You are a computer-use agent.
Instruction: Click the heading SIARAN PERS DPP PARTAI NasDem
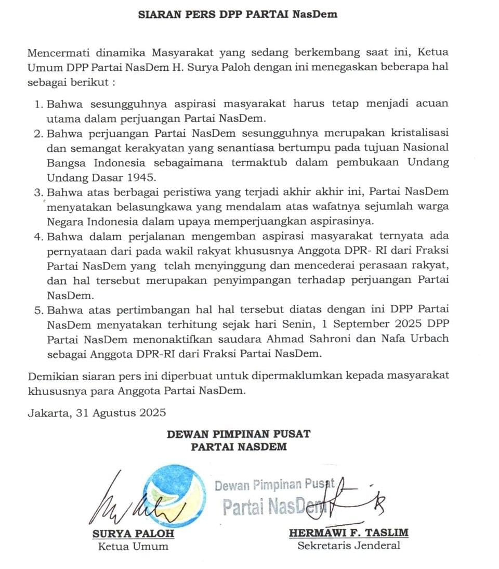point(238,14)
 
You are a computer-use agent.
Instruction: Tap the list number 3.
point(38,192)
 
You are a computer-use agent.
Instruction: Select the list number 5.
point(38,311)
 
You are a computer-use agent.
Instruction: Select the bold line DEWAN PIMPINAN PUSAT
point(239,433)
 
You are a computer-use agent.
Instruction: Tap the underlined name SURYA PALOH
point(133,533)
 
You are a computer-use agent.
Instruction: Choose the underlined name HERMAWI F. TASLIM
point(348,533)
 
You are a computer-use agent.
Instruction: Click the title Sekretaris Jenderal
point(348,546)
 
